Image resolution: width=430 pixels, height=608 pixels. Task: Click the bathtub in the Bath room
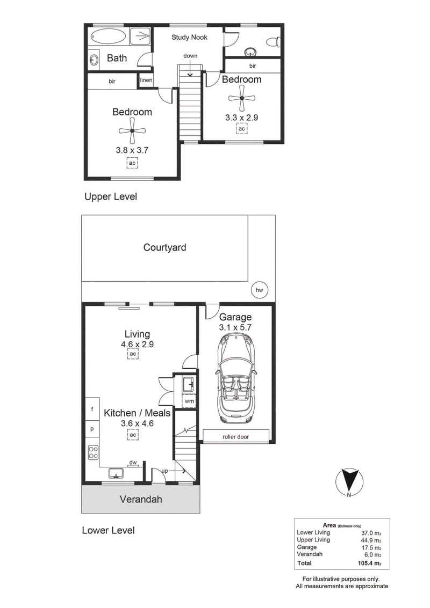pos(109,36)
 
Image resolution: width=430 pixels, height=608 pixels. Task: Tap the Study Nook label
pos(190,37)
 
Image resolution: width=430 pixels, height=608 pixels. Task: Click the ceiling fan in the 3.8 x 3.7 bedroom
pos(132,131)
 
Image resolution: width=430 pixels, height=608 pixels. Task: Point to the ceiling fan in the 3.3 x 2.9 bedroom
pos(242,98)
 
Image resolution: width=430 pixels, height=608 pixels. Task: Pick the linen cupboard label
pos(146,80)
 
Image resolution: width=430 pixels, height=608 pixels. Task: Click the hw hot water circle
pos(260,290)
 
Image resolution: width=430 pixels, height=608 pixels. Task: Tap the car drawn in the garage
pos(236,378)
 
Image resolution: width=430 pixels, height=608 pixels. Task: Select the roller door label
pos(236,437)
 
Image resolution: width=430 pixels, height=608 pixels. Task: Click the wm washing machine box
pos(189,400)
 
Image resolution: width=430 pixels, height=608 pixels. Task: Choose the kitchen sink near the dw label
pos(116,473)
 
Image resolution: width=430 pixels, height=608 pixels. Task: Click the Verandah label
pos(141,499)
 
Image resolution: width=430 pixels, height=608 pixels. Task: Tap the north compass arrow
pos(349,481)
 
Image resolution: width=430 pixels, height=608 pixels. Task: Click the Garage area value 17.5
pos(371,547)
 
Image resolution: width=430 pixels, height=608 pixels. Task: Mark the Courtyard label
pos(164,247)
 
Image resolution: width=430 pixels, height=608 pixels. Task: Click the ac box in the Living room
pos(133,354)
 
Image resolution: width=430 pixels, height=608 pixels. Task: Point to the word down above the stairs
pos(190,56)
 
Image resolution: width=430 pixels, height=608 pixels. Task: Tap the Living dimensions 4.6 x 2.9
pos(137,344)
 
